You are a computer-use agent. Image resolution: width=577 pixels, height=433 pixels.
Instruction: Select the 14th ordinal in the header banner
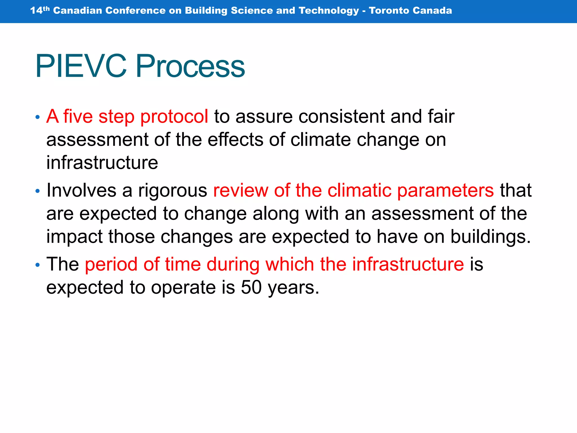click(x=40, y=10)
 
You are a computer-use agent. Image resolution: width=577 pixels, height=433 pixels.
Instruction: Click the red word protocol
click(x=174, y=116)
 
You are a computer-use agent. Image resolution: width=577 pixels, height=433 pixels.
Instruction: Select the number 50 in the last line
click(x=251, y=288)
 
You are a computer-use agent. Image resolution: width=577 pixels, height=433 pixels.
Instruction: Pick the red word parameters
click(x=445, y=191)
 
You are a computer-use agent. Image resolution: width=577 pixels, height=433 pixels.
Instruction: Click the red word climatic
click(x=359, y=190)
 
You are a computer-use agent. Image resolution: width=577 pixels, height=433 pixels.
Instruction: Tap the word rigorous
click(x=172, y=191)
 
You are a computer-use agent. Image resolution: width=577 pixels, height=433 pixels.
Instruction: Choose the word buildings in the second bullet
click(x=490, y=237)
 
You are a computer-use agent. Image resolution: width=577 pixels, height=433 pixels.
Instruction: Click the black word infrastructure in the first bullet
click(x=102, y=163)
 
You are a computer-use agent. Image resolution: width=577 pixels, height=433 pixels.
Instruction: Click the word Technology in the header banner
click(x=329, y=10)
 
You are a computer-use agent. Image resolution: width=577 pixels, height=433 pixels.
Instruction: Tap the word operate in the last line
click(x=183, y=288)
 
